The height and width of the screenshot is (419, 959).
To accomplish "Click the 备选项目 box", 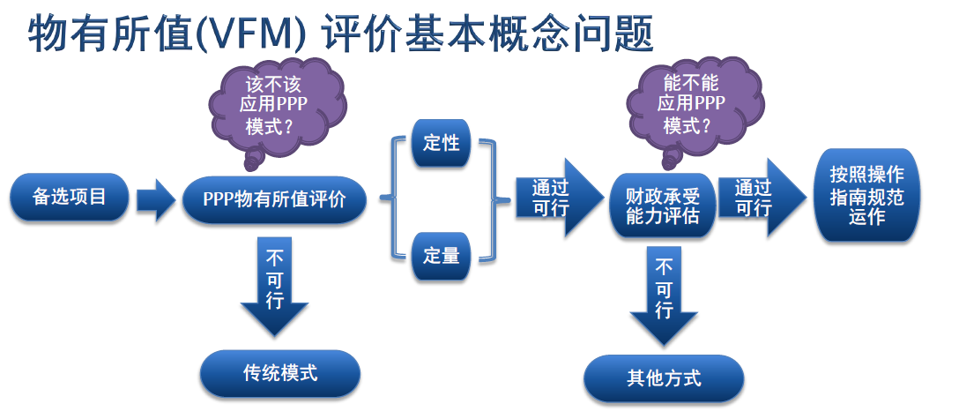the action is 69,197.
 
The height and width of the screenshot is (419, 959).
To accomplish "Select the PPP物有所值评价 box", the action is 274,200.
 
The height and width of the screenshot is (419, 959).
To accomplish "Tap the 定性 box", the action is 441,143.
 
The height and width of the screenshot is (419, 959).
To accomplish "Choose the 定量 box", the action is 441,256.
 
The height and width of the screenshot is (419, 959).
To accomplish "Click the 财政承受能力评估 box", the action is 662,206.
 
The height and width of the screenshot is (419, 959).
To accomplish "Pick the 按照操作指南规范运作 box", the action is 866,195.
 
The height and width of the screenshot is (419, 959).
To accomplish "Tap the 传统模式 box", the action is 280,373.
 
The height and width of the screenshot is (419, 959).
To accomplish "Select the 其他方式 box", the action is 664,378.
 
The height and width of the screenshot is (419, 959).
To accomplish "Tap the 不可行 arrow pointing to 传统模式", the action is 274,287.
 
